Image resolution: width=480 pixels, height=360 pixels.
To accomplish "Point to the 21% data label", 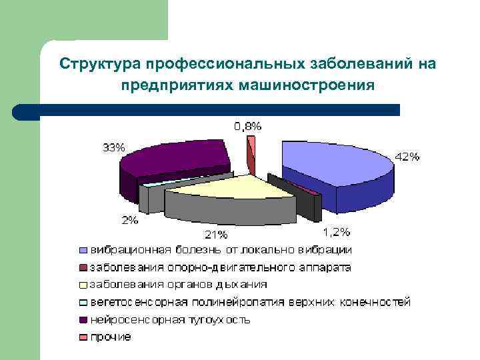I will (x=216, y=234).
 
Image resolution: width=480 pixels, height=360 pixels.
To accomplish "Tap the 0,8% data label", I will (x=247, y=125).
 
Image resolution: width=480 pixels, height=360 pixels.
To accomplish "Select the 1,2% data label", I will (x=336, y=231).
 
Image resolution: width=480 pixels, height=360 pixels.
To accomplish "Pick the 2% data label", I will (x=130, y=219).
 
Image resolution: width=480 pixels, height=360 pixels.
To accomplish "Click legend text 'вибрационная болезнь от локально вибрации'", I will (x=221, y=250).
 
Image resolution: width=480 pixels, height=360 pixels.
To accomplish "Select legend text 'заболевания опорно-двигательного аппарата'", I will (x=221, y=267).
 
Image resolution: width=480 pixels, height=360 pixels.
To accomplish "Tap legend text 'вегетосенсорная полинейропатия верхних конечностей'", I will (x=251, y=302).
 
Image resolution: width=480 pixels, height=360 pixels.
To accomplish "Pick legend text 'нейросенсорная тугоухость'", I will (x=170, y=319).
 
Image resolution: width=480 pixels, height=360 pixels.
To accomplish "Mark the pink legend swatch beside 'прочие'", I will (x=83, y=337).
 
